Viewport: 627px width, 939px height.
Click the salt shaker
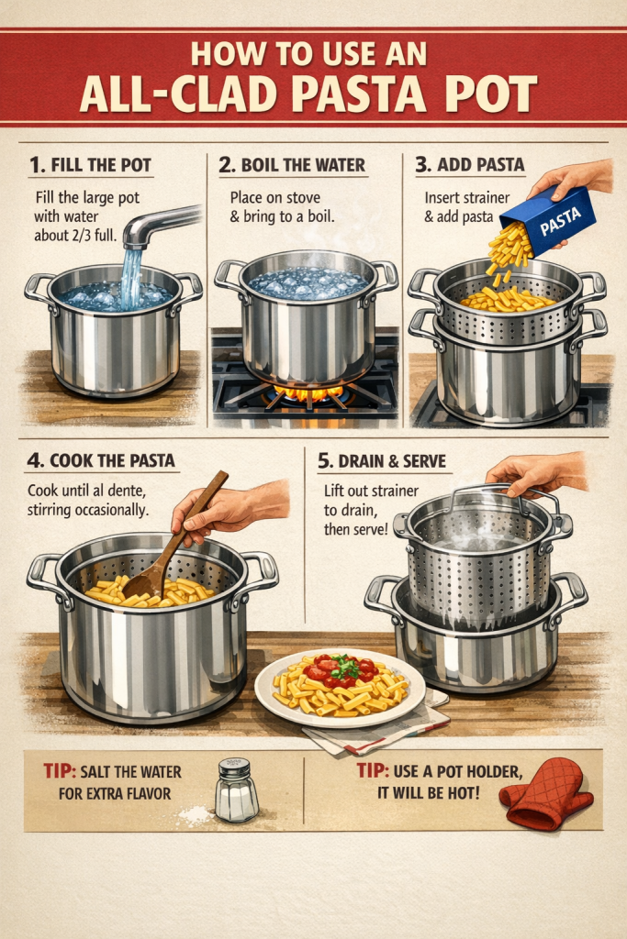237,790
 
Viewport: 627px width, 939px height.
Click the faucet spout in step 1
161,226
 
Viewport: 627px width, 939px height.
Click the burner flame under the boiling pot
308,393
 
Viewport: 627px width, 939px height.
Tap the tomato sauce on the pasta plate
338,670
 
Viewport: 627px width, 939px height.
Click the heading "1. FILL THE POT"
91,165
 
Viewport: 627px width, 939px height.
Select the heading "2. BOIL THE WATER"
292,165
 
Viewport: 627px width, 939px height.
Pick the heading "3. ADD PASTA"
470,165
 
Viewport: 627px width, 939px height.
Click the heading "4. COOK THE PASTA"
101,460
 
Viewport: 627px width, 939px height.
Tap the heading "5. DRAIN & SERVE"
382,461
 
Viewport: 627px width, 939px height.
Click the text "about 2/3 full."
75,236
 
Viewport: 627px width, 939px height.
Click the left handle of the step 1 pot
39,291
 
